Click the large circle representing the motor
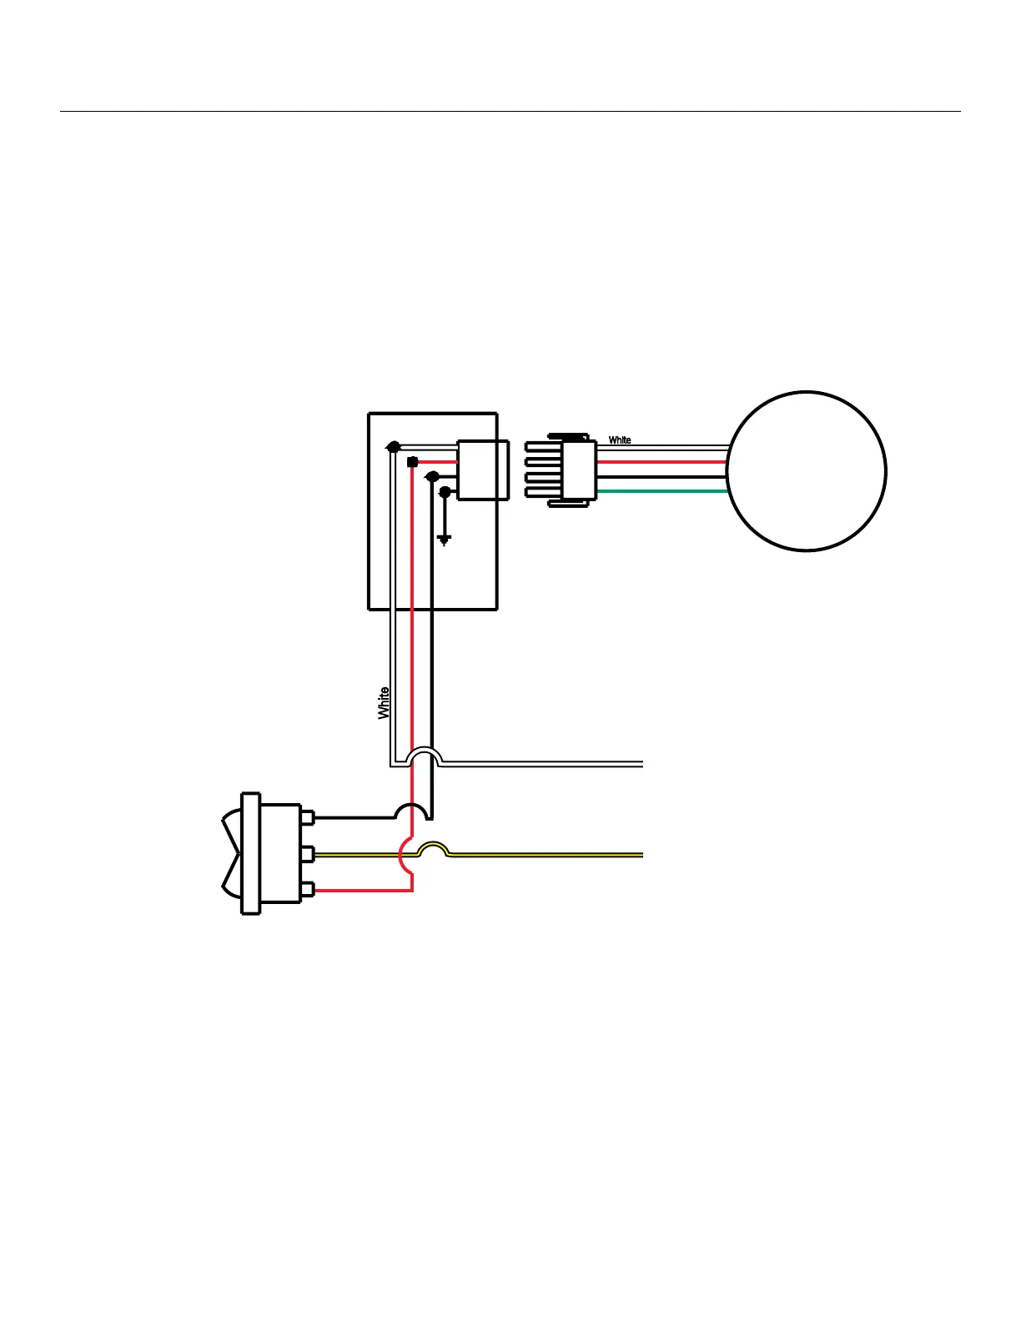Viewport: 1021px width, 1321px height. point(806,471)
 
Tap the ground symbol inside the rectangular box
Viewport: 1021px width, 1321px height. point(444,540)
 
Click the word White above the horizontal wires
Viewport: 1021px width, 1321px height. point(620,439)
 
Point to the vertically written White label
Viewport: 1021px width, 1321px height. point(384,703)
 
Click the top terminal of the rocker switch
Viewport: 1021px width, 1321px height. point(307,818)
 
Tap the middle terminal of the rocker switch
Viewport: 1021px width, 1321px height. point(307,855)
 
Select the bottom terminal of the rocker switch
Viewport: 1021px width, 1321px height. point(307,891)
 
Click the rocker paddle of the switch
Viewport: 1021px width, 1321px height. point(229,854)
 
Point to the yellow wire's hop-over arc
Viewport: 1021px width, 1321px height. point(433,848)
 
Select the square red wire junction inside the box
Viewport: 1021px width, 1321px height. point(412,461)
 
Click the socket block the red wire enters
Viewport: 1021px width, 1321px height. point(482,470)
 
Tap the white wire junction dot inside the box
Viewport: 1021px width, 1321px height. point(394,447)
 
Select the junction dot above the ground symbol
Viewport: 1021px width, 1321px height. point(445,492)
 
